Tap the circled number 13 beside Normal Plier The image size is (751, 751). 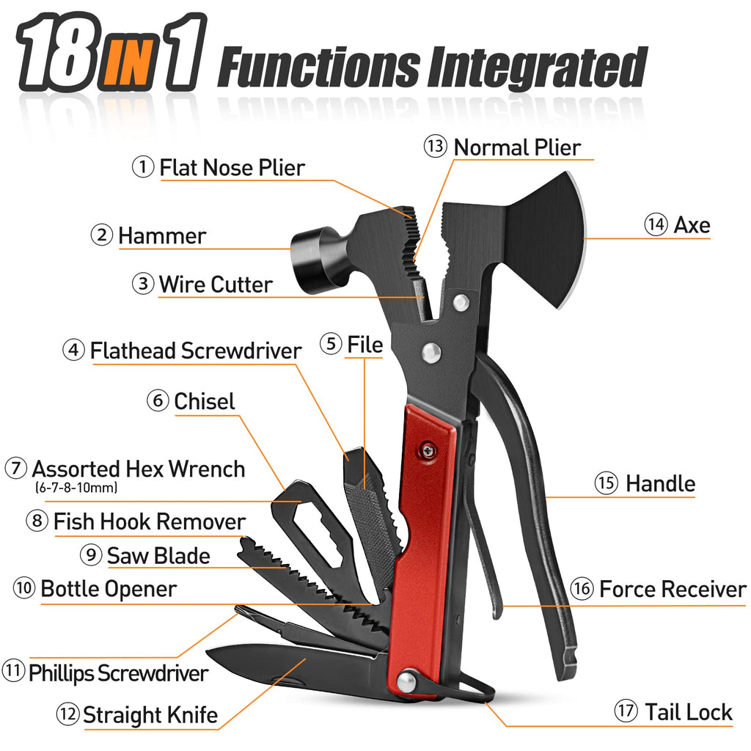pos(436,146)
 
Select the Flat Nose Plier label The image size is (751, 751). pos(232,168)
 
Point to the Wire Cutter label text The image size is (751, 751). pos(216,285)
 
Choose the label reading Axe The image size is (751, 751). pos(692,224)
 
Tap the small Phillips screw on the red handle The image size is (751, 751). pos(428,451)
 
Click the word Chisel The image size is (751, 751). pos(205,401)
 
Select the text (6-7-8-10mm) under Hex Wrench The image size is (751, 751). pos(76,488)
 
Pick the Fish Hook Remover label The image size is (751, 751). pos(150,521)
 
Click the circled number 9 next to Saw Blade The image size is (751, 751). pos(91,554)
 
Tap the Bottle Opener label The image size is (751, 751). pos(109,589)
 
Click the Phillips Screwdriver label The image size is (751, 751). pos(118,673)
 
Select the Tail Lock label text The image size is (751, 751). pos(689,711)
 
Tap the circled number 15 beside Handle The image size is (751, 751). pos(607,483)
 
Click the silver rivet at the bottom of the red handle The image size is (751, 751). pos(406,681)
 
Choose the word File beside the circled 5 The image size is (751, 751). pos(365,345)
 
